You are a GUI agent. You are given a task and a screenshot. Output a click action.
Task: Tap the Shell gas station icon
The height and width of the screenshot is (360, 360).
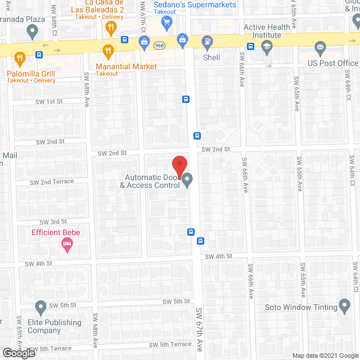tap(208, 41)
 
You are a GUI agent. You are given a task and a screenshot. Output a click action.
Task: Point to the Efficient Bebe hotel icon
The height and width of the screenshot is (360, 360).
tap(66, 245)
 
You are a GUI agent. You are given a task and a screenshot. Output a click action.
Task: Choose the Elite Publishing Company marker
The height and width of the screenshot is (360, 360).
tap(40, 307)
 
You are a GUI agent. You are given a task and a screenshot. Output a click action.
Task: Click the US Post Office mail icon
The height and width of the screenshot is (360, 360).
tap(321, 47)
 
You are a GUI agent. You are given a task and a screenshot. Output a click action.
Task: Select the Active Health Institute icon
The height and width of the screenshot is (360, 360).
tap(267, 47)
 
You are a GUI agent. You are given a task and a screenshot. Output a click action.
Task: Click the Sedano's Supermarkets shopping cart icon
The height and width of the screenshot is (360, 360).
tap(166, 23)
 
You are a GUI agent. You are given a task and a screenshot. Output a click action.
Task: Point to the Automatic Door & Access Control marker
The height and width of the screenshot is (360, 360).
tap(187, 180)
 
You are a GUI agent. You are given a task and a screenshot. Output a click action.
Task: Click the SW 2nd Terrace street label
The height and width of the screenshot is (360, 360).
tap(52, 182)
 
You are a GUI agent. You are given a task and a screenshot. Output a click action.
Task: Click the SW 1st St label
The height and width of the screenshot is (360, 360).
tap(47, 101)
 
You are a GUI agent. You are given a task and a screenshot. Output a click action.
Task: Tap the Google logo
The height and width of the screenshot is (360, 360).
tap(18, 353)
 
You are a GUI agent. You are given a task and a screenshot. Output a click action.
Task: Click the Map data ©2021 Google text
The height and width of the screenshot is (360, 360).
tap(324, 355)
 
